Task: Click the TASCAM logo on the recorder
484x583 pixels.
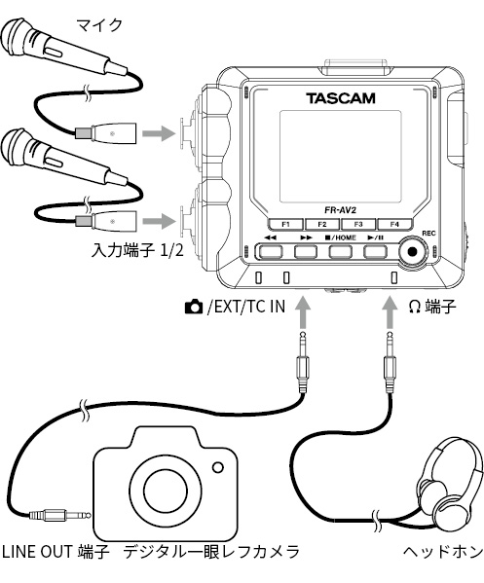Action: point(341,98)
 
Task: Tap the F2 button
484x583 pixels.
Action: point(322,225)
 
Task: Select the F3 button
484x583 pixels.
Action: point(358,225)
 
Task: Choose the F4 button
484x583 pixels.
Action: point(394,225)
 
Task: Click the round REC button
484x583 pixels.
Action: point(413,252)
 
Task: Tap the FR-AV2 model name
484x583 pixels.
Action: point(340,210)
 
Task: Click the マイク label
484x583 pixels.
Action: point(99,25)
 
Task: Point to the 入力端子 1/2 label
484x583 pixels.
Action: point(137,251)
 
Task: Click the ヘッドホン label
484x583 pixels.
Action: point(443,552)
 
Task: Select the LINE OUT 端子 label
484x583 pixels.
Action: point(56,552)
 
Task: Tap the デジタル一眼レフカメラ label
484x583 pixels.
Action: point(211,552)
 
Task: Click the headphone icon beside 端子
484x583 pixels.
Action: point(415,307)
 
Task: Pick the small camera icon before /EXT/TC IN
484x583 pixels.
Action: point(194,308)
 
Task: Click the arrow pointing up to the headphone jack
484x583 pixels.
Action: point(390,311)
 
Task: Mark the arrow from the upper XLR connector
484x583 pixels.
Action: point(159,132)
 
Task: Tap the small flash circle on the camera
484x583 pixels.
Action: point(218,467)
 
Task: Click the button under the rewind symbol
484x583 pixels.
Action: point(271,252)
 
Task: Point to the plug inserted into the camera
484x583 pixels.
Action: point(60,516)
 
